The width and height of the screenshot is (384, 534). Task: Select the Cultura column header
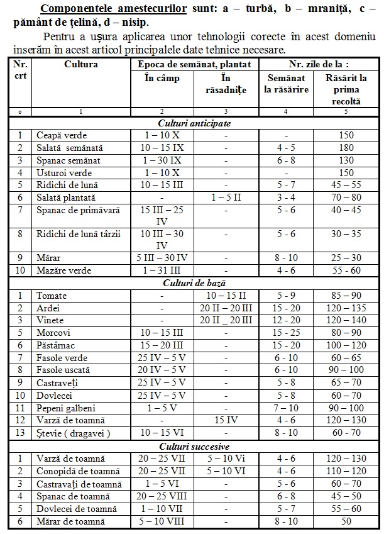point(81,64)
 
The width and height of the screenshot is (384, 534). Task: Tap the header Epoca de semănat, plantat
point(194,64)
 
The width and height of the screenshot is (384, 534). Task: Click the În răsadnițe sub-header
point(227,84)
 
